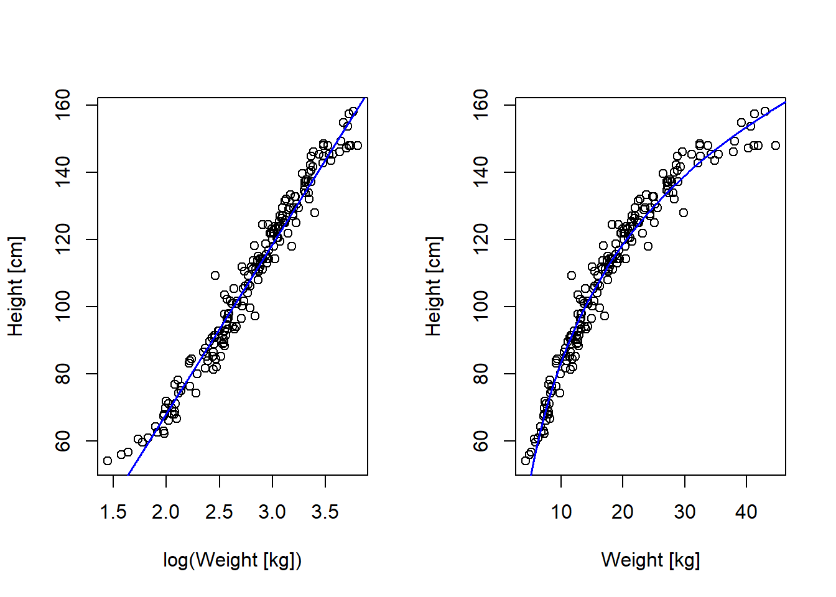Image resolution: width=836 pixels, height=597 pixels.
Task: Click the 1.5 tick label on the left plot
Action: (113, 512)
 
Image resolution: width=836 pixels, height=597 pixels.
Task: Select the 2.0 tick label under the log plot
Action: (165, 512)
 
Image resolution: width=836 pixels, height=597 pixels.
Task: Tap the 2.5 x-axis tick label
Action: (219, 512)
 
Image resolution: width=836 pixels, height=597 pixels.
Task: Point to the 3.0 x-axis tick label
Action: (272, 512)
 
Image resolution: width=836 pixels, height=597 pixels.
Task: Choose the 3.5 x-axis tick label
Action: (325, 512)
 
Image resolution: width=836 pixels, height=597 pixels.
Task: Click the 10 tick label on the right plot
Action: (561, 512)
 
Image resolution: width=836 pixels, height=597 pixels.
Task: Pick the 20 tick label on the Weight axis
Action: (623, 512)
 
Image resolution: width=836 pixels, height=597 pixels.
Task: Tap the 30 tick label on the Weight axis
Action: (684, 512)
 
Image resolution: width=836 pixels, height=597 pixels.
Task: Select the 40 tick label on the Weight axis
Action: (746, 512)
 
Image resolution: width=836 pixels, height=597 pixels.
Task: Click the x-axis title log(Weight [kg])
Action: (232, 560)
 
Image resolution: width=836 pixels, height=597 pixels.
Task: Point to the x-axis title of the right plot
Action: (650, 560)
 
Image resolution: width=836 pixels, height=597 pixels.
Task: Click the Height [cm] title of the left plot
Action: (16, 286)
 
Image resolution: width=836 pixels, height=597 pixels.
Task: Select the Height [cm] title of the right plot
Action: (434, 286)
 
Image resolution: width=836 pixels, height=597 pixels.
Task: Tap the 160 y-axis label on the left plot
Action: (63, 105)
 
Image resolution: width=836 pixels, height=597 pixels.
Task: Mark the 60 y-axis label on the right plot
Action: (481, 441)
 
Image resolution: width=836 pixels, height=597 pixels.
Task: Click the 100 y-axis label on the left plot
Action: (63, 307)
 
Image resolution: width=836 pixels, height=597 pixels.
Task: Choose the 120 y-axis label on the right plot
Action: (481, 239)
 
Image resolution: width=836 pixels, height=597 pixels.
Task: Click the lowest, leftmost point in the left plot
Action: (108, 461)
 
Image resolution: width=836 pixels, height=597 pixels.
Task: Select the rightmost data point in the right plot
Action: (776, 146)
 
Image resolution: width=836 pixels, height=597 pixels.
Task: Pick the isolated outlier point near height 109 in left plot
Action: (215, 275)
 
